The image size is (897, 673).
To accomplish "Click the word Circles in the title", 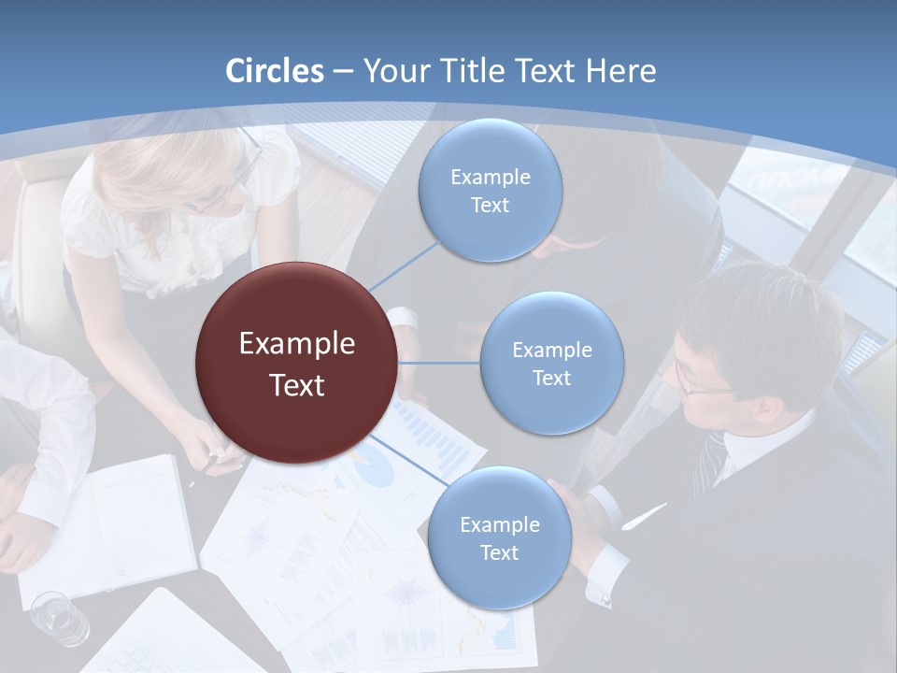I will coord(275,71).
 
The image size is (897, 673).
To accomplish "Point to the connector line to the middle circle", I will coord(439,362).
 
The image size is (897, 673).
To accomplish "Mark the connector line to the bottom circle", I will coord(411,460).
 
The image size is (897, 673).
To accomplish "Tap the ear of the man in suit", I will coord(766,408).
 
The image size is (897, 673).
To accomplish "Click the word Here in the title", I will coord(621,71).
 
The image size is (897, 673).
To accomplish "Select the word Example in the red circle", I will coord(297,344).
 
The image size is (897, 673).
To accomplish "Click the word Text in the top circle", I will coord(490,205).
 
